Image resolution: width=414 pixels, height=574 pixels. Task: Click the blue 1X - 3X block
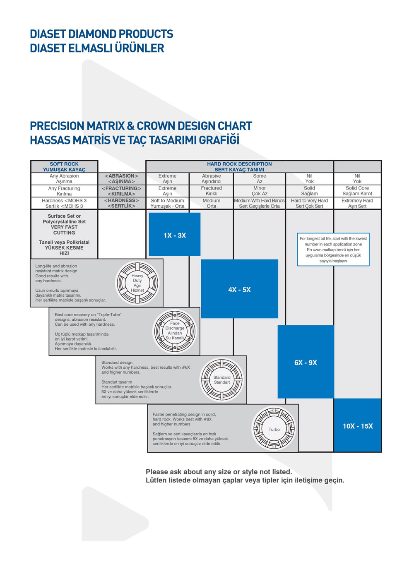(175, 234)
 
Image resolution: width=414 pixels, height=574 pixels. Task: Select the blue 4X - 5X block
(239, 288)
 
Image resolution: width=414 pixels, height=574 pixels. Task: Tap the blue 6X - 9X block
(306, 362)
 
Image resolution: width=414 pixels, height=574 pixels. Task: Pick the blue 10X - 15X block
(358, 425)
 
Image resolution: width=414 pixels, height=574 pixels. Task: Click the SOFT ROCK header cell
(64, 166)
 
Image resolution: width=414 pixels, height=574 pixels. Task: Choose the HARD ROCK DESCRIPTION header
(239, 166)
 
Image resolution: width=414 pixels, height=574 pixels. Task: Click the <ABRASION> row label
(121, 179)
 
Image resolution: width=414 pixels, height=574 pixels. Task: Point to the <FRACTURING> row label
(121, 191)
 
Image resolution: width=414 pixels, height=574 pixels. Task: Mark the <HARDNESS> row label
(121, 203)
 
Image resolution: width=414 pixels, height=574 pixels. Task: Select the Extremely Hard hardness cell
(357, 203)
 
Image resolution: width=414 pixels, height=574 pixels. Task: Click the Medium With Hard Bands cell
(260, 203)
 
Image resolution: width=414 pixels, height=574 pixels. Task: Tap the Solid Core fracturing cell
(357, 191)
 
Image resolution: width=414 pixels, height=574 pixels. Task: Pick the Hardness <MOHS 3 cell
(64, 203)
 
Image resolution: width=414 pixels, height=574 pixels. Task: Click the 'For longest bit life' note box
(333, 249)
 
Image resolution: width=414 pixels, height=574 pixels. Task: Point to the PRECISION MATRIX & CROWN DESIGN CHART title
(141, 126)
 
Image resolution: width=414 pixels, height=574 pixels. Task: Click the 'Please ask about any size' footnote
(219, 472)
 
